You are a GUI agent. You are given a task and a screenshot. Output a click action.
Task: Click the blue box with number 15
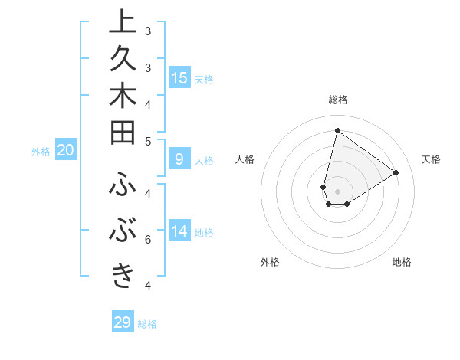click(179, 78)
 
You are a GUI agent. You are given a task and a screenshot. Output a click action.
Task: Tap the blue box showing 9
click(179, 159)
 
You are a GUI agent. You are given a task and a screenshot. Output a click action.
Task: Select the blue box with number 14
click(179, 231)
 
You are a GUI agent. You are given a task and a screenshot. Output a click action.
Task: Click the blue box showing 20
click(66, 151)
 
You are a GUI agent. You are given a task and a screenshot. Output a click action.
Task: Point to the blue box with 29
click(123, 322)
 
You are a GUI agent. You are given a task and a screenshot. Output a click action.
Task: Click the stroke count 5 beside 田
click(148, 141)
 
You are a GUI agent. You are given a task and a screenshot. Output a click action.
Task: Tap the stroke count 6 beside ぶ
click(148, 240)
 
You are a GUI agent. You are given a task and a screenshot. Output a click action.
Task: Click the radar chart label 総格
click(338, 100)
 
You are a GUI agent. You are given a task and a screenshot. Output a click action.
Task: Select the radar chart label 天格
click(431, 159)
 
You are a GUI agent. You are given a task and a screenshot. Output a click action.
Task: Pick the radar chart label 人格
click(245, 159)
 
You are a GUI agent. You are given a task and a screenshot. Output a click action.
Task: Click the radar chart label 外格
click(270, 262)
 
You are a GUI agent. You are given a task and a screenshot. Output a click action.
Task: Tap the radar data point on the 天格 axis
click(396, 172)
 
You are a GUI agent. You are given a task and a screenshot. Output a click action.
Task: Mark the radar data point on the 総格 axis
click(337, 130)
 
